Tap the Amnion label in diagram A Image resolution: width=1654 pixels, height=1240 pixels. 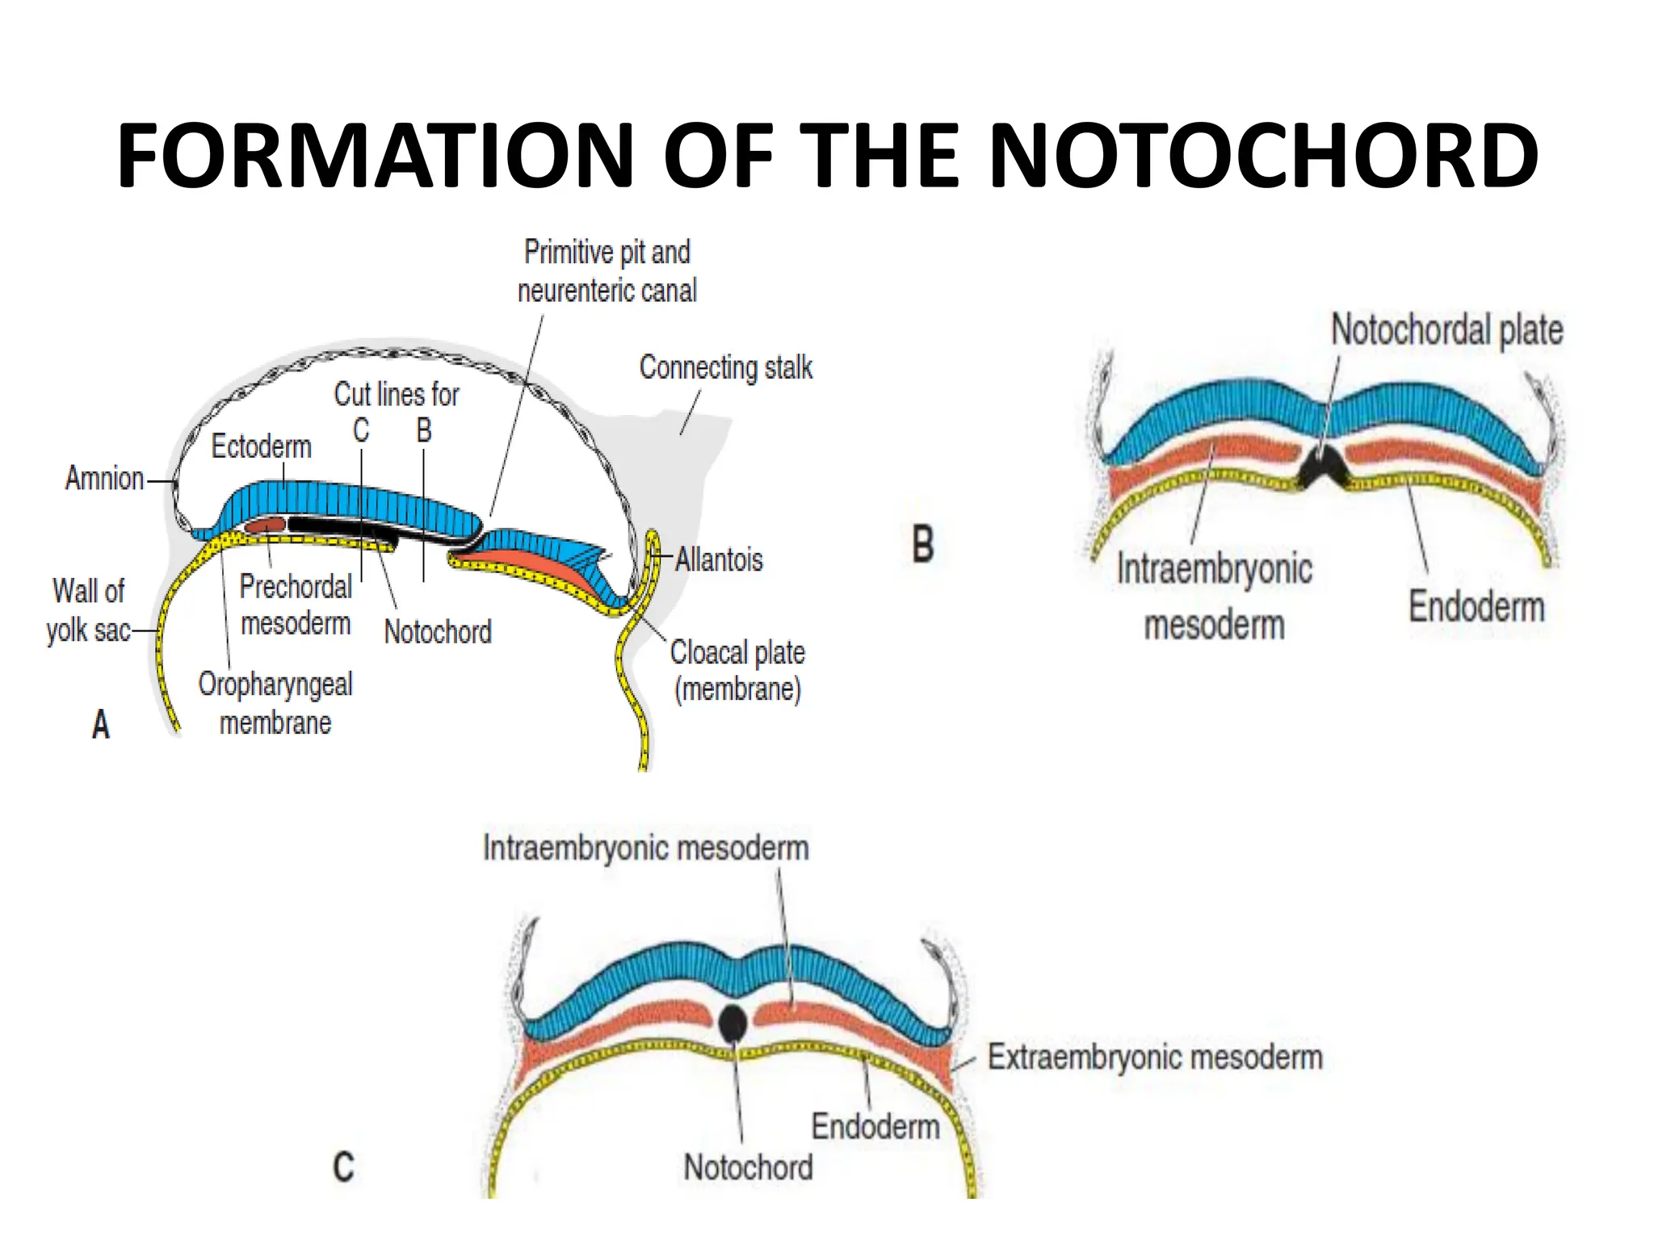(104, 479)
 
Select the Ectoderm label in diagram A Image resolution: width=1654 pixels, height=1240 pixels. (261, 446)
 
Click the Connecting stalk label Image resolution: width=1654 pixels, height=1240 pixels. (725, 368)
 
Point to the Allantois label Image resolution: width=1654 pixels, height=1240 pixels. (719, 559)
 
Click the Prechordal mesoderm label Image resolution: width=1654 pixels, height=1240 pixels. (296, 605)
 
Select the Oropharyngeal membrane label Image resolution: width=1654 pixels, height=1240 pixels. (275, 703)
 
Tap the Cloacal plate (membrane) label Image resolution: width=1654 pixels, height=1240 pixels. (737, 671)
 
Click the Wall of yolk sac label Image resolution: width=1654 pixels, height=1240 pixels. (88, 610)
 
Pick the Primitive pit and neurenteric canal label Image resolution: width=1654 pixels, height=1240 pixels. (607, 271)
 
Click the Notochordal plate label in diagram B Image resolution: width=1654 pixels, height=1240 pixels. (1446, 330)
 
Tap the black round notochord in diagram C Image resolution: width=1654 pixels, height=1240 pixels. (733, 1024)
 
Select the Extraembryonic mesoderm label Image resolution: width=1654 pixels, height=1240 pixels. (1155, 1058)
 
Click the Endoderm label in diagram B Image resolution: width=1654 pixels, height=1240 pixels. (1476, 606)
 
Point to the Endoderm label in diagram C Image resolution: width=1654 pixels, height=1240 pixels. (875, 1126)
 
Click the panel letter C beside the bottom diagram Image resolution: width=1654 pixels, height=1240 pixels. (344, 1167)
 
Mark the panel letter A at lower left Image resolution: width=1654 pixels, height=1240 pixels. (101, 724)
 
